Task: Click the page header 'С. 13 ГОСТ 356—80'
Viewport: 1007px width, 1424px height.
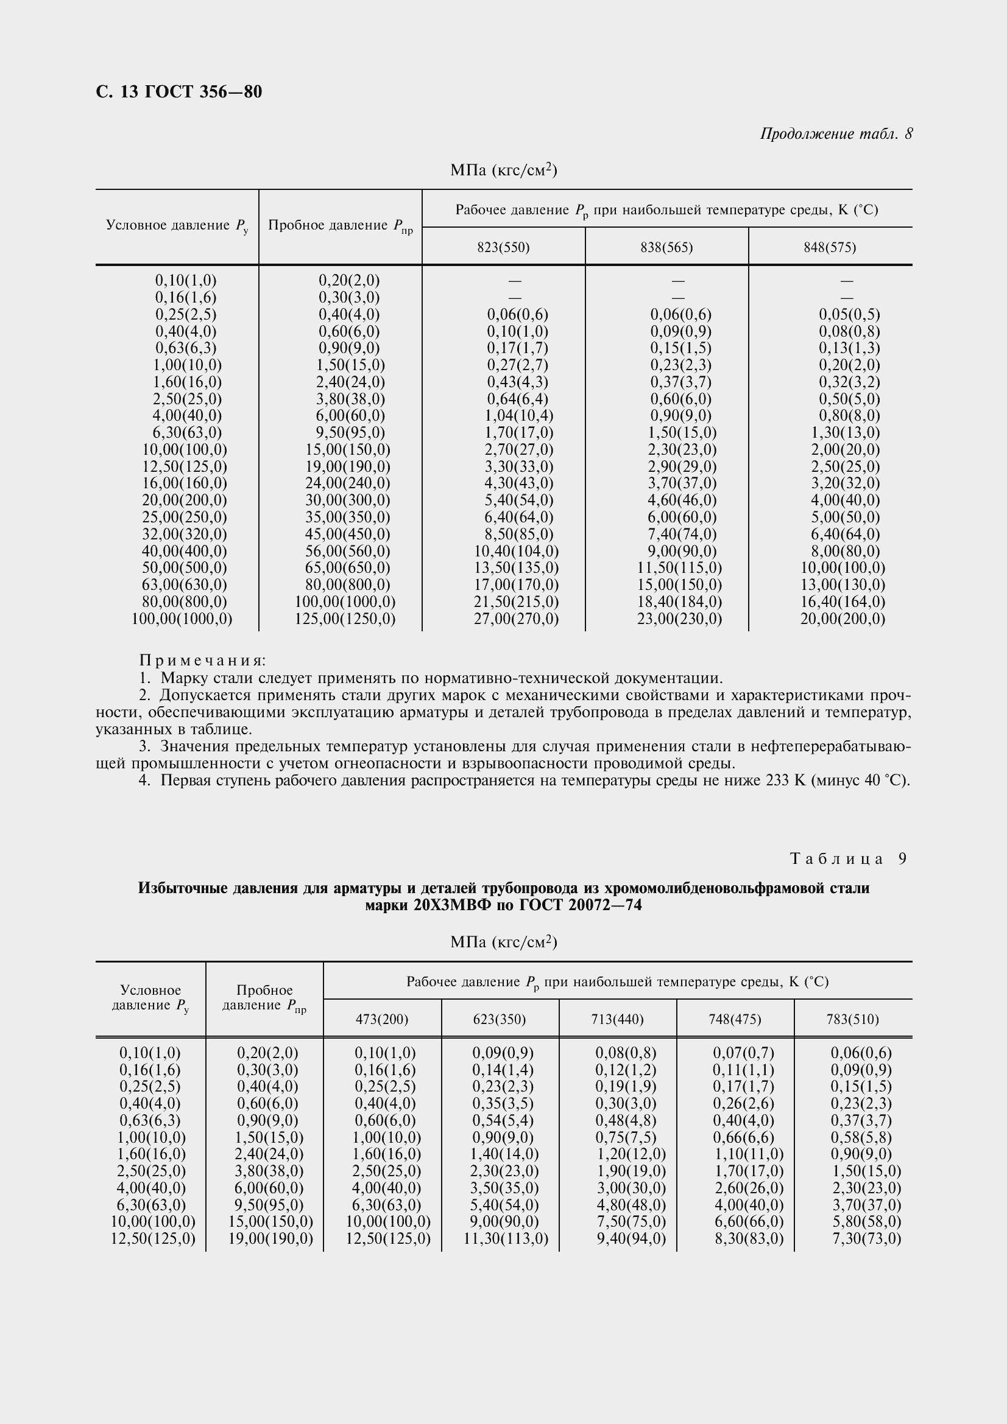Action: (178, 92)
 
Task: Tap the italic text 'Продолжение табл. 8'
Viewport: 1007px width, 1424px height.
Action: (836, 134)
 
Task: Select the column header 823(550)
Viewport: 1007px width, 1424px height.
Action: (503, 247)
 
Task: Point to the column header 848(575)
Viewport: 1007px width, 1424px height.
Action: (830, 247)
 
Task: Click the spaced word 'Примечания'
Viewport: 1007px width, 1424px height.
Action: (202, 661)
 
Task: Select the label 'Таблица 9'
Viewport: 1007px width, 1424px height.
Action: (848, 859)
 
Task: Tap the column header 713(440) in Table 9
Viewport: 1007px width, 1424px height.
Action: (617, 1019)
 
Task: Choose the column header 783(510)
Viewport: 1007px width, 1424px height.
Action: (852, 1019)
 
